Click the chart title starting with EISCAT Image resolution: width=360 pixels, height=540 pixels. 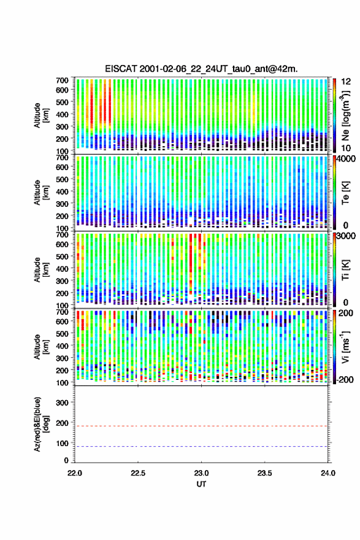(x=201, y=69)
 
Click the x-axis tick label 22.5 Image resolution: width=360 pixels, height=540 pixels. (x=138, y=473)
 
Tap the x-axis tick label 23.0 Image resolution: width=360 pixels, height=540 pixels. (x=201, y=473)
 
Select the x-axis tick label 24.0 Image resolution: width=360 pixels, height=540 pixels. (x=327, y=473)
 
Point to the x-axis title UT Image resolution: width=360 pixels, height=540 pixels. (x=201, y=484)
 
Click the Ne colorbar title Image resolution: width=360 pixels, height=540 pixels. (x=345, y=116)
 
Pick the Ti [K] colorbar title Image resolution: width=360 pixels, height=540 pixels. (x=345, y=270)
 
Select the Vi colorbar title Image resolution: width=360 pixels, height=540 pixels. (x=345, y=347)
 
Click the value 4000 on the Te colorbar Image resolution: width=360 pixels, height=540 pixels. (x=346, y=160)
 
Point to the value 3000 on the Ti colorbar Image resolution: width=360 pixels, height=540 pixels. (x=346, y=236)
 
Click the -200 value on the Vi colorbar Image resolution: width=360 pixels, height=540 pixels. (x=344, y=380)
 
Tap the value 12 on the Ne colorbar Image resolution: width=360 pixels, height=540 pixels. (x=346, y=82)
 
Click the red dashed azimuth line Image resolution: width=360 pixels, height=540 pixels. (x=201, y=426)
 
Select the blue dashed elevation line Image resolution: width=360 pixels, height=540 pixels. (x=201, y=446)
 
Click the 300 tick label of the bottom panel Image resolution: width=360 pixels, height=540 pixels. (x=62, y=403)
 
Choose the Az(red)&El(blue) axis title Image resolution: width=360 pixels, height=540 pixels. (x=41, y=424)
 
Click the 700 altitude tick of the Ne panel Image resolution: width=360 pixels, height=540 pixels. (x=62, y=80)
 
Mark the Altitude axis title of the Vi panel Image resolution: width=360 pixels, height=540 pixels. (x=41, y=347)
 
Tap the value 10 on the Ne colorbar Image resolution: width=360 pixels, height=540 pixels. (x=346, y=148)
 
